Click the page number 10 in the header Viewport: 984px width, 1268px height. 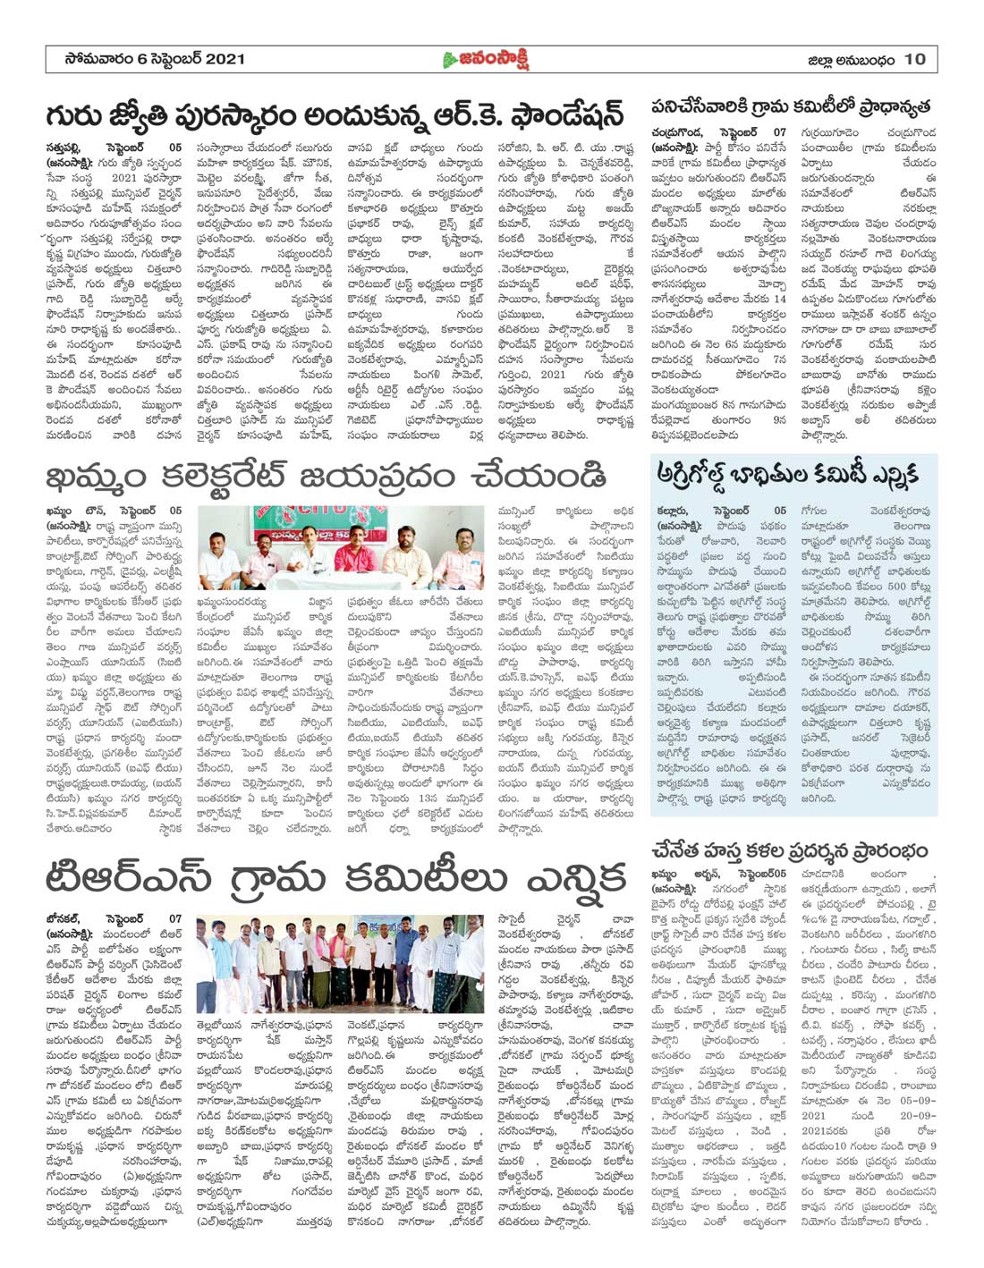[914, 59]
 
